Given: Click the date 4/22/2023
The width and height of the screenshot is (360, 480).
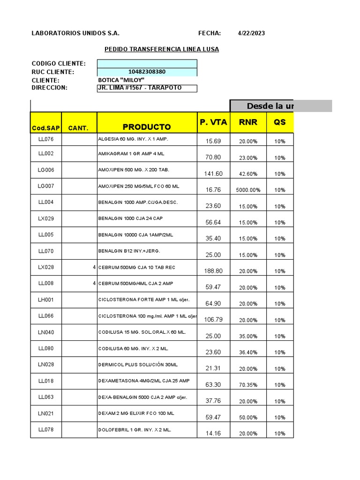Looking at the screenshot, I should pos(251,33).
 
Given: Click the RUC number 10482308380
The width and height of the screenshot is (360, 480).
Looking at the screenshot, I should pos(147,72).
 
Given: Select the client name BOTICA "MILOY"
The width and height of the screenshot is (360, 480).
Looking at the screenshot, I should pos(121,80).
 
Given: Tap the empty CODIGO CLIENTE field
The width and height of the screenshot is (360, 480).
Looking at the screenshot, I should pos(147,64).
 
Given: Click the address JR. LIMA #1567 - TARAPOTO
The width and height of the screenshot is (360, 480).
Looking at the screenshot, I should pos(140,88).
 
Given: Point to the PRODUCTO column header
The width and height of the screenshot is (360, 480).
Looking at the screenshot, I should pos(147,127).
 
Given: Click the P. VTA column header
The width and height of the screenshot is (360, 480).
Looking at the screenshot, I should pos(213,122).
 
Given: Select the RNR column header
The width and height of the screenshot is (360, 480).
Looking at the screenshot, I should pos(248,122).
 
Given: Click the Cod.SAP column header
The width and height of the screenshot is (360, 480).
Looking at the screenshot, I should pos(46,128).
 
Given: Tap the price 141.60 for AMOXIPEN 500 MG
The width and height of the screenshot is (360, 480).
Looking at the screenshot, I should pos(213,174).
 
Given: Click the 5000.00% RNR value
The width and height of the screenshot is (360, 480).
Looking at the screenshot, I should pos(248,190).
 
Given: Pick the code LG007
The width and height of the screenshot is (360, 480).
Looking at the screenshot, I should pos(46,186).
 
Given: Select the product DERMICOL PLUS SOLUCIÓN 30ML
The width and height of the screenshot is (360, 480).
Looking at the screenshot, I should pos(138,365).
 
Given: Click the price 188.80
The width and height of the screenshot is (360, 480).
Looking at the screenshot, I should pos(213,271).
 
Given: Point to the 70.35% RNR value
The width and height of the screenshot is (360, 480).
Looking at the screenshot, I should pos(248,385).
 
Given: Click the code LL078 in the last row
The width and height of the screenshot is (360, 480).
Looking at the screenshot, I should pos(46,429).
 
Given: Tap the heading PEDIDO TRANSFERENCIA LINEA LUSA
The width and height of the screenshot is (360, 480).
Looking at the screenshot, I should pos(161,49).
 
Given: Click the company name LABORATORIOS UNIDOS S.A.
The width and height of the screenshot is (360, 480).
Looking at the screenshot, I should pos(75,33).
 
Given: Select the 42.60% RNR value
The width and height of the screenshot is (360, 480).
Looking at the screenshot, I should pos(248,174).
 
